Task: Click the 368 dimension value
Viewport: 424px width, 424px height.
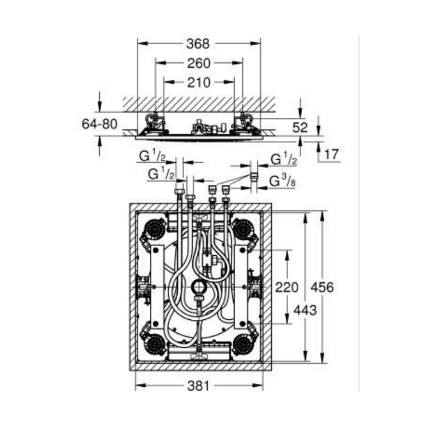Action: click(x=198, y=44)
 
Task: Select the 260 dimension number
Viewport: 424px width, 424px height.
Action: click(x=199, y=63)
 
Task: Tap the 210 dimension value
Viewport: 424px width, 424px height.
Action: click(x=199, y=82)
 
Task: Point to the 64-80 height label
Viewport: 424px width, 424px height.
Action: click(x=100, y=124)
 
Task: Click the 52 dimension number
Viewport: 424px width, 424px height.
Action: click(x=300, y=127)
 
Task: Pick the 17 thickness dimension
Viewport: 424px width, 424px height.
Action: click(x=331, y=154)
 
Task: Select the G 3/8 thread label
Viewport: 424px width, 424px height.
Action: click(x=282, y=181)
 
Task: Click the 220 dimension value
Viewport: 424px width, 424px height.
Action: click(x=287, y=287)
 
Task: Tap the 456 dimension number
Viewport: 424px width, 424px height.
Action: click(x=322, y=287)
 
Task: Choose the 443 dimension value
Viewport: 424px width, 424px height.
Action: click(x=305, y=310)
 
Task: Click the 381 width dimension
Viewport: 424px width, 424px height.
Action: click(x=198, y=386)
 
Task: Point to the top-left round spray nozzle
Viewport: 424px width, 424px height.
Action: click(x=155, y=229)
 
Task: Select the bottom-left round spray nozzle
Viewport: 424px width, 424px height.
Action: click(x=155, y=344)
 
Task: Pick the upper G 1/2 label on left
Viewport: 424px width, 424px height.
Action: click(x=152, y=156)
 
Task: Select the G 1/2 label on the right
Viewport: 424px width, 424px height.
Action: click(x=284, y=159)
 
